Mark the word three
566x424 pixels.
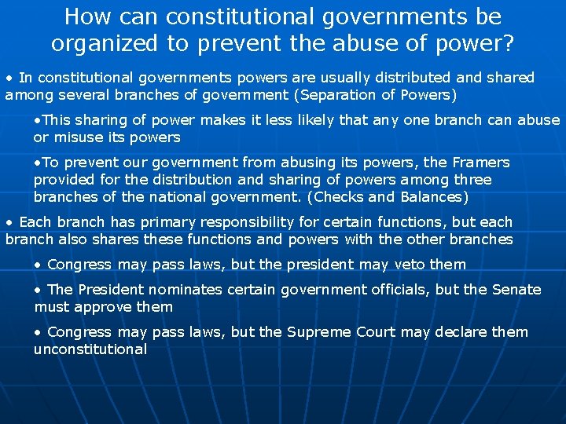[469, 180]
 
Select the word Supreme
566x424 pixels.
[316, 332]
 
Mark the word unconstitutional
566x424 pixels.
[90, 349]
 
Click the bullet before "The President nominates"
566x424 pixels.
[38, 290]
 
